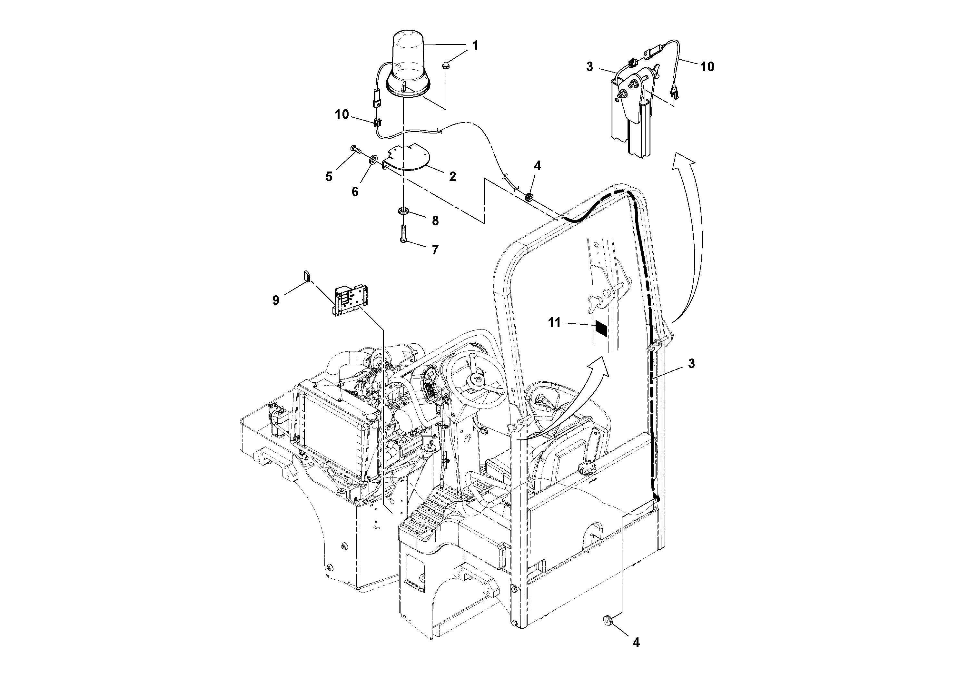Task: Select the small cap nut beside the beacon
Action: (446, 64)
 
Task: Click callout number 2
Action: (452, 176)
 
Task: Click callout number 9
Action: (275, 300)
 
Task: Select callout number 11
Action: (554, 323)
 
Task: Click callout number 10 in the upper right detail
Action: (707, 66)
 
